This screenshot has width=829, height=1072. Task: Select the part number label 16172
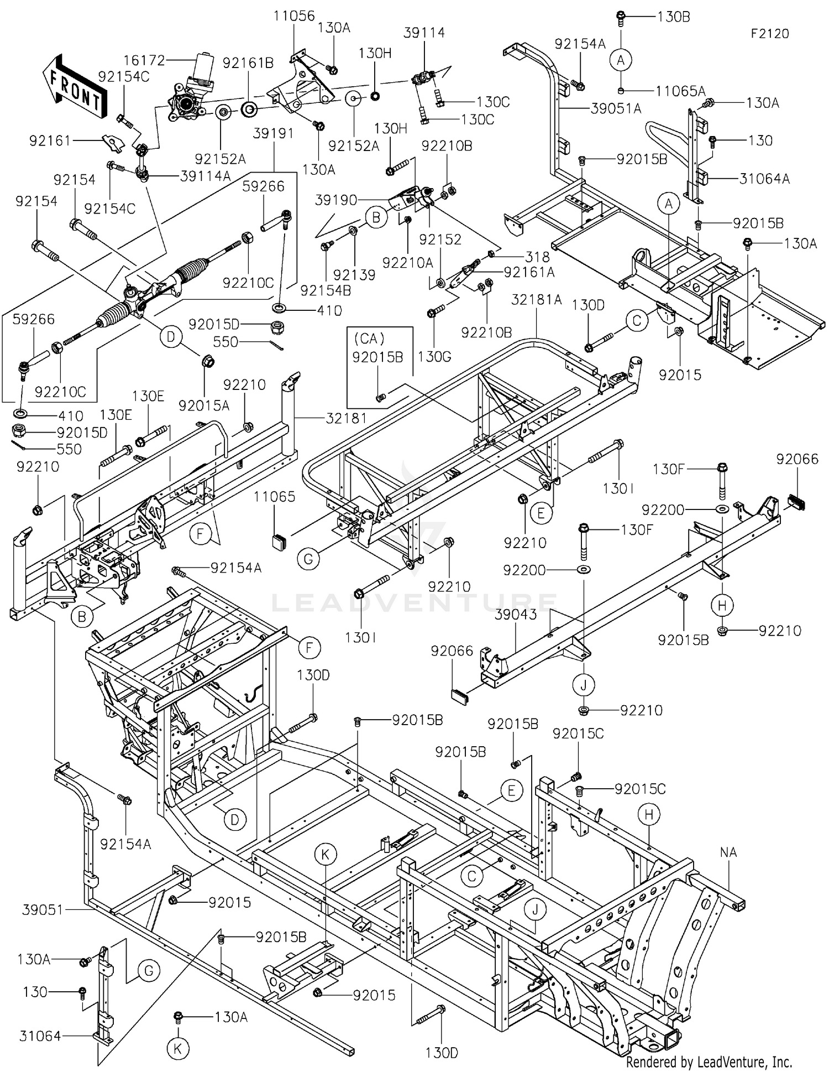coord(144,60)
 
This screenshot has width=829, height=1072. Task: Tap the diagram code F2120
coord(770,34)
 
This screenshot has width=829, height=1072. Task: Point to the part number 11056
coord(294,16)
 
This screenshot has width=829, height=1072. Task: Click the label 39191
coord(274,133)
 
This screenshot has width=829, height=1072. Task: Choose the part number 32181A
coord(536,299)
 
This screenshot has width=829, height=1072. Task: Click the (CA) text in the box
coord(369,338)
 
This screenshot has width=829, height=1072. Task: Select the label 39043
coord(516,615)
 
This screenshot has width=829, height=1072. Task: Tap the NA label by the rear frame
coord(728,852)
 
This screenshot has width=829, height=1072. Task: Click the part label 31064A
coord(764,179)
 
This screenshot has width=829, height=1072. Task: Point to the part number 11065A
coord(680,91)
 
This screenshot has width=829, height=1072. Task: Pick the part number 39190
coord(336,200)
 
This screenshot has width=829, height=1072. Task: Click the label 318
coord(538,257)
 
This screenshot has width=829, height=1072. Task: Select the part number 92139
coord(354,275)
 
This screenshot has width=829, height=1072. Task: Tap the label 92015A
coord(204,405)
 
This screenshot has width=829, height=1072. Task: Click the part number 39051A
coord(616,108)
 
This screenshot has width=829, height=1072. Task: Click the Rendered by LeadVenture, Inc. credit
coord(709,1061)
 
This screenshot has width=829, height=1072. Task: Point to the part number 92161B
coord(248,63)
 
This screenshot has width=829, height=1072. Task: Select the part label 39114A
coord(206,176)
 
